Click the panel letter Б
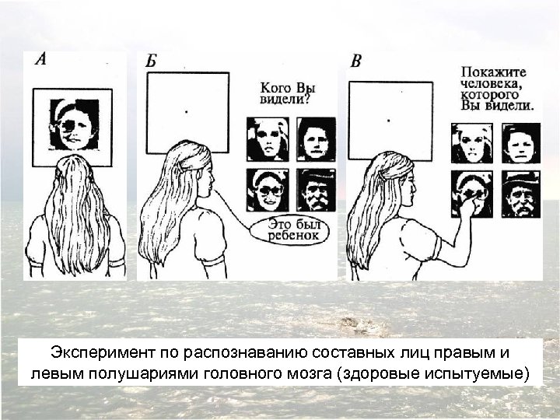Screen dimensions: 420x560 (x=152, y=60)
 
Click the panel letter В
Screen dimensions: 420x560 (x=355, y=61)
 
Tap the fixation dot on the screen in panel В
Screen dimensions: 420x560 (x=389, y=120)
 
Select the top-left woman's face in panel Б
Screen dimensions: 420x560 (x=267, y=139)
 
